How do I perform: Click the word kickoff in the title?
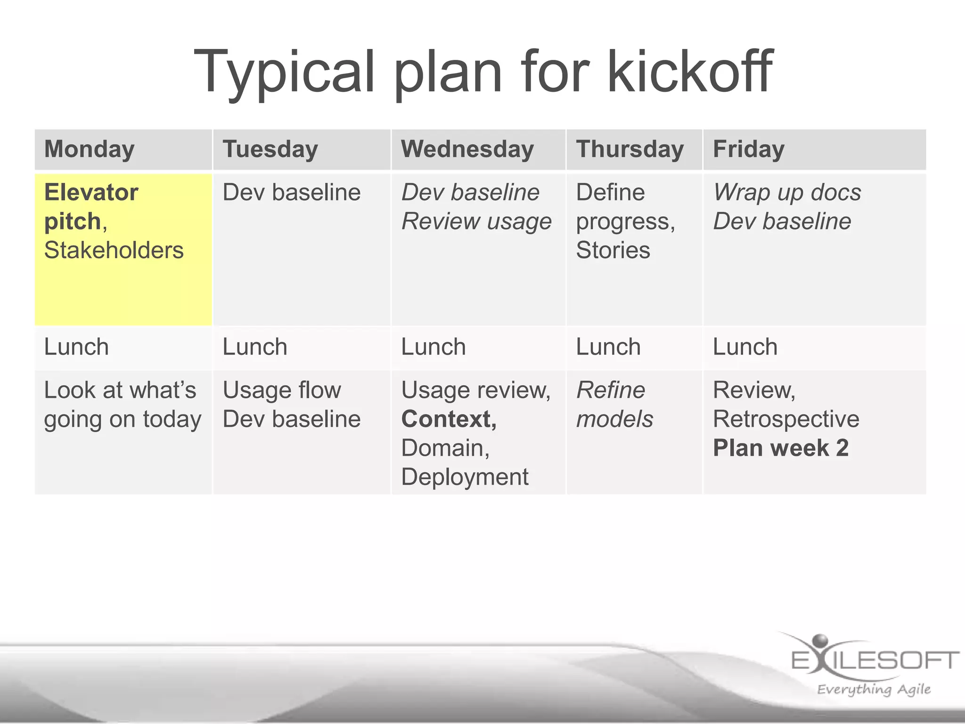(x=690, y=72)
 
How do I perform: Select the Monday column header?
(x=90, y=149)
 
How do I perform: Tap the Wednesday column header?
(x=467, y=149)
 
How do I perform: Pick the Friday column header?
(x=749, y=149)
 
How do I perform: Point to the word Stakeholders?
(x=114, y=250)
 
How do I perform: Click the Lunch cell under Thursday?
(x=608, y=347)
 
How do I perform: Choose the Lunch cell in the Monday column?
(x=76, y=347)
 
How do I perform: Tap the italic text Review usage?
(x=476, y=222)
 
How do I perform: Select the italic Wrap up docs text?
(x=787, y=192)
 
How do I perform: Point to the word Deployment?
(x=465, y=477)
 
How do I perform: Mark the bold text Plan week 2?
(x=780, y=448)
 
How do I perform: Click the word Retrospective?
(x=786, y=419)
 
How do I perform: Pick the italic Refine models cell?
(x=614, y=404)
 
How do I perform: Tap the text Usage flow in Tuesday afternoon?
(x=282, y=390)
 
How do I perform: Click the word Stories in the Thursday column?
(x=613, y=250)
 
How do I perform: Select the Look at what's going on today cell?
(x=123, y=404)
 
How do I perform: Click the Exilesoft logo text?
(x=875, y=660)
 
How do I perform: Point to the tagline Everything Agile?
(x=874, y=689)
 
